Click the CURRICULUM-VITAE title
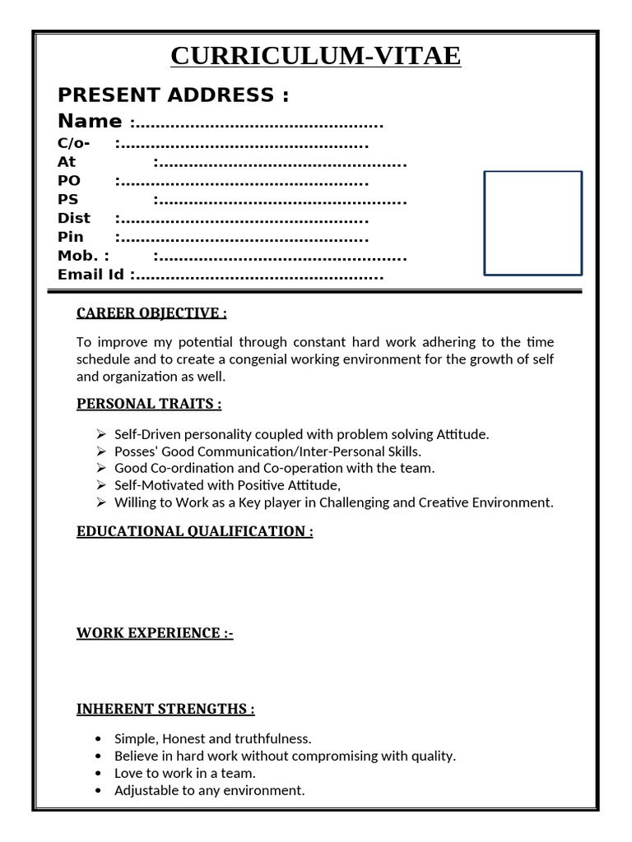[x=316, y=56]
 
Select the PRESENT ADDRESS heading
[x=173, y=95]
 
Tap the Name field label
[x=90, y=121]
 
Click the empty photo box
[x=532, y=223]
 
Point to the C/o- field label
[x=74, y=143]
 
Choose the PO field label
[x=69, y=181]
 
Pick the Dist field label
[x=74, y=219]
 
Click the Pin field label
[x=71, y=237]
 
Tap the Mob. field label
[x=83, y=256]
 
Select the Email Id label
[x=91, y=275]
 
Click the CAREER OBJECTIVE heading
[x=151, y=312]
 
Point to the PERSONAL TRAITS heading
[x=149, y=404]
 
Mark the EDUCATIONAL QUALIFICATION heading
[x=195, y=531]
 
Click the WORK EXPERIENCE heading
[x=155, y=633]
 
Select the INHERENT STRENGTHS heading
[x=165, y=709]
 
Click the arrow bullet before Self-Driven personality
[x=101, y=434]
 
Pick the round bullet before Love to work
[x=99, y=774]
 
